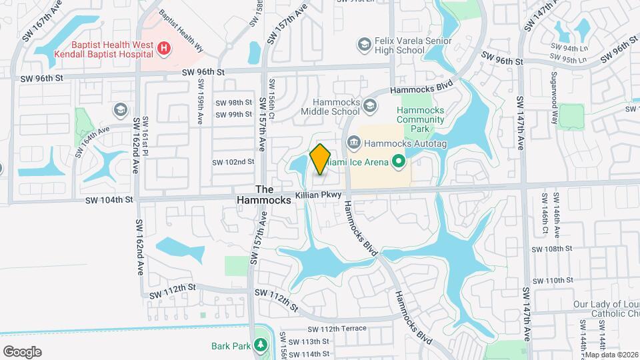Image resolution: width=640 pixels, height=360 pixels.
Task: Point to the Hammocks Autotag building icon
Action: (x=353, y=141)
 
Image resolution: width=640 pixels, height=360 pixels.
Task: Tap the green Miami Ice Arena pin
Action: (x=399, y=161)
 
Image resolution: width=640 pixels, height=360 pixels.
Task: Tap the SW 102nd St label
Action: (x=233, y=162)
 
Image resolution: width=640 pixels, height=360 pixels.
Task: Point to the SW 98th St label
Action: (x=234, y=103)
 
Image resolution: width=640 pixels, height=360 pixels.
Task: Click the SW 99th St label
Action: (x=234, y=115)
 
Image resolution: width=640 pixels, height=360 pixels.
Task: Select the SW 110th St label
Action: (x=554, y=280)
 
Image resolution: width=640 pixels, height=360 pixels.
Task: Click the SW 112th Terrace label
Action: (x=337, y=329)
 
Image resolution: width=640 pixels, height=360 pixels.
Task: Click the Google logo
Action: (x=22, y=351)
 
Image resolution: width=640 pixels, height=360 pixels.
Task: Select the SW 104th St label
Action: (x=109, y=199)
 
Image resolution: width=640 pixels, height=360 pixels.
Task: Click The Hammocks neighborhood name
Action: (x=265, y=195)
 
